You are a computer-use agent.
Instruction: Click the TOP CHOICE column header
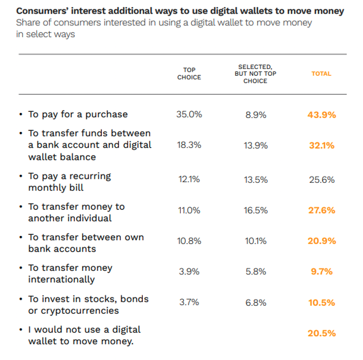click(189, 74)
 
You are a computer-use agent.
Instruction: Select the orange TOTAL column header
click(321, 74)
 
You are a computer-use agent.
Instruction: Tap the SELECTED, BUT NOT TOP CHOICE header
click(255, 74)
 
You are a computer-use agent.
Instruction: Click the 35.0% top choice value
click(189, 114)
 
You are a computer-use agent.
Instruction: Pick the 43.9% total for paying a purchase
click(321, 115)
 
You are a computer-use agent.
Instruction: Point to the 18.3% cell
click(189, 145)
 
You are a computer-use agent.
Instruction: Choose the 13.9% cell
click(256, 145)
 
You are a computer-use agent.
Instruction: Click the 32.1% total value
click(321, 145)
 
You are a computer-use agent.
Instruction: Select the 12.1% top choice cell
click(189, 180)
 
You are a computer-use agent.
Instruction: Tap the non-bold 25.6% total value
click(322, 180)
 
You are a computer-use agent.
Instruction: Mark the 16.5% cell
click(256, 210)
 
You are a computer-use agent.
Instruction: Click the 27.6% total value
click(321, 210)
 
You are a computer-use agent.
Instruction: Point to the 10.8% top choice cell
click(189, 241)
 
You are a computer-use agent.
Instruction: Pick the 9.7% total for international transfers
click(322, 271)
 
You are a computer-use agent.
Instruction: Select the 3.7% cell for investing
click(189, 302)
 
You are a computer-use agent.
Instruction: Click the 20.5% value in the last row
click(322, 333)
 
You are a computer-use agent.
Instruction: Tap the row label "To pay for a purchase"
click(78, 114)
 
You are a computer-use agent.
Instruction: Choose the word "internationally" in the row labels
click(61, 280)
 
